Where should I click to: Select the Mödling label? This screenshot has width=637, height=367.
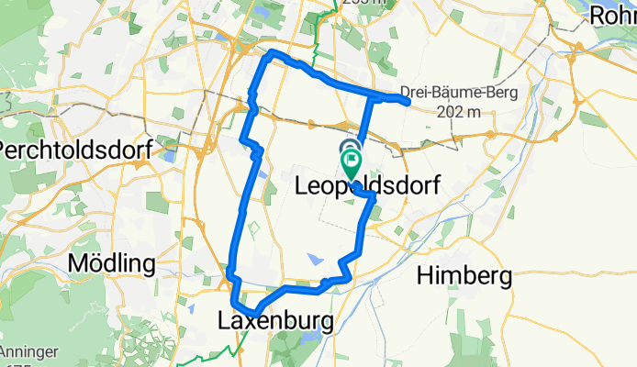[x=113, y=264]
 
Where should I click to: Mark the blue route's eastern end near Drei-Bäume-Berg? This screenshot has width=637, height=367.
[x=407, y=100]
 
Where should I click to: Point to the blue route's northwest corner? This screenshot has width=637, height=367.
[x=269, y=56]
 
